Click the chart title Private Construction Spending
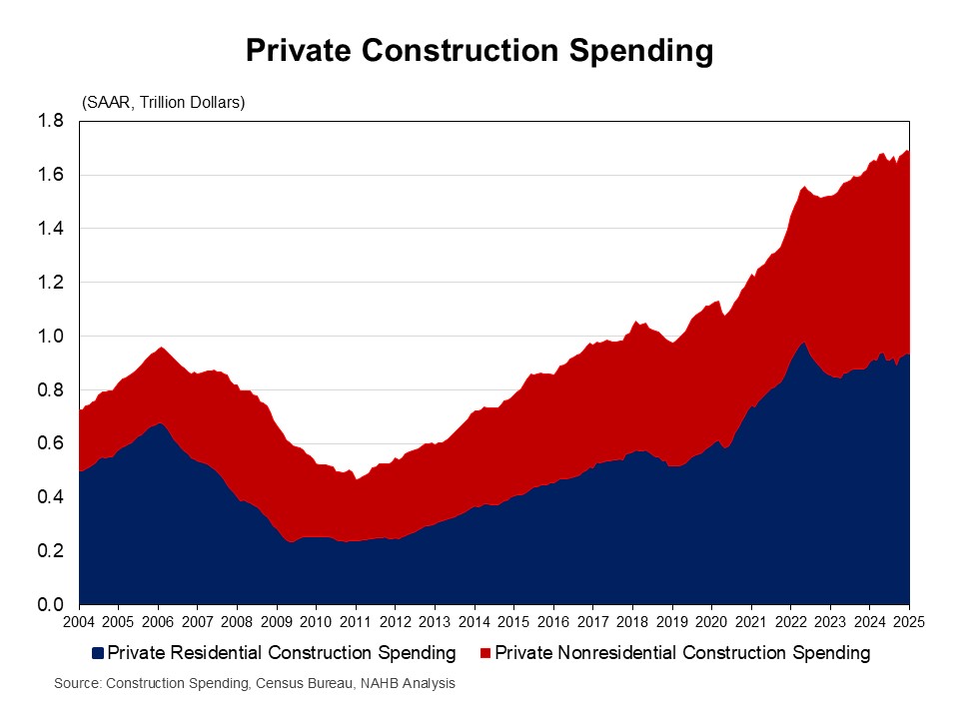(479, 51)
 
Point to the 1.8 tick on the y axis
(52, 121)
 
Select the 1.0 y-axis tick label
(52, 337)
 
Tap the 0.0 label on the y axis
(52, 605)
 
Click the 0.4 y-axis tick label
(52, 497)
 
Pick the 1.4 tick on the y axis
(52, 229)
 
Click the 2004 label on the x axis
(78, 622)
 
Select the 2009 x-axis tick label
(276, 622)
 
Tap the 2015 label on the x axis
(513, 622)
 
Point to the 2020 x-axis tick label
(711, 622)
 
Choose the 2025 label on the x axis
(909, 622)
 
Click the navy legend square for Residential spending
(97, 654)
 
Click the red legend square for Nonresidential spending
(485, 654)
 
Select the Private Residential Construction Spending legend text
(281, 654)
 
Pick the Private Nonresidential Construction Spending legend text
(682, 654)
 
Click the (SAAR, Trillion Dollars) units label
(163, 103)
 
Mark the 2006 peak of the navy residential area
(160, 423)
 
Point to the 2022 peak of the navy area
(802, 342)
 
